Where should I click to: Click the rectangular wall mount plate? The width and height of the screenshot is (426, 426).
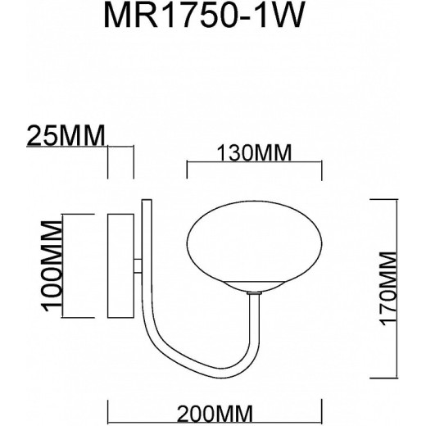[x=121, y=267]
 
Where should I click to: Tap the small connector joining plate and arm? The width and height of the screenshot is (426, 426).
[x=138, y=266]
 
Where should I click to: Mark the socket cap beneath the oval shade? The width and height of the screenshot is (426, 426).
[x=255, y=289]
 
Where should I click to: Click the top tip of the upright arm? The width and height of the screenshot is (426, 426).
[x=145, y=199]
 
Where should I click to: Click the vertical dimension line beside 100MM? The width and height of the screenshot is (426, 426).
[x=63, y=267]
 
